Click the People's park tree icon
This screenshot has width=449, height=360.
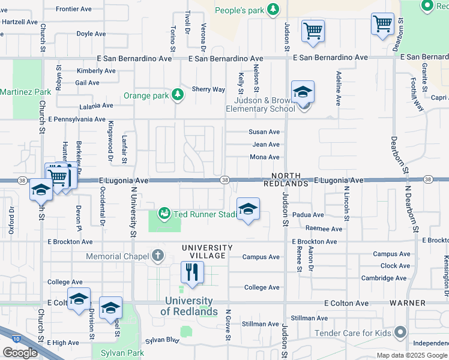coord(273,9)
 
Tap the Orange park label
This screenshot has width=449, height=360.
coord(146,95)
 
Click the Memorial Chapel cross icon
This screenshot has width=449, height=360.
coord(158,256)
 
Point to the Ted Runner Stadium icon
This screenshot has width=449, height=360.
coord(163,213)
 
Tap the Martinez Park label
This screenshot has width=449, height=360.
coord(25,92)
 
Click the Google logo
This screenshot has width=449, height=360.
coord(20,353)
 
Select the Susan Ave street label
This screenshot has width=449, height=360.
coord(265,132)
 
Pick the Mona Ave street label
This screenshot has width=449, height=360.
coord(265,157)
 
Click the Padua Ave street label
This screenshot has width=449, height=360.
coord(308,215)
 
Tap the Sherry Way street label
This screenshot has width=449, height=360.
coord(208,89)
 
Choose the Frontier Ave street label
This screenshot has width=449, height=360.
coord(73,9)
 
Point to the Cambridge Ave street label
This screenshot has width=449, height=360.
coord(388,278)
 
